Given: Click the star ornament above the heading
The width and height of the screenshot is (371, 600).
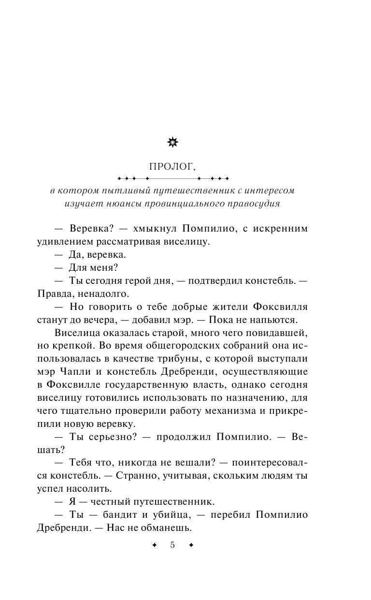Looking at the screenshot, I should point(172,142).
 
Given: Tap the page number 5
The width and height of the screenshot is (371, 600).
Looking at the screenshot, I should point(172,545).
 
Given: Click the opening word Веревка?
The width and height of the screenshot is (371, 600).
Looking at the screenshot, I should point(92,228).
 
